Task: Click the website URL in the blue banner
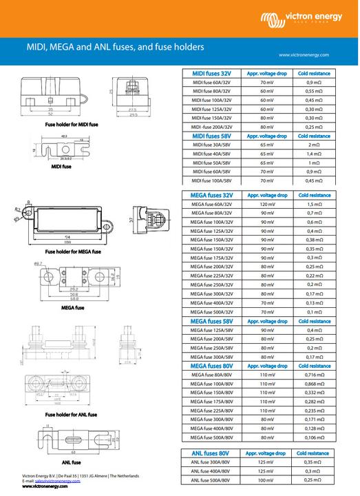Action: pos(304,54)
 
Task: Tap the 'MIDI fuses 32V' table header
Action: pos(212,72)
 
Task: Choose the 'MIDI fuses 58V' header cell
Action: pos(212,136)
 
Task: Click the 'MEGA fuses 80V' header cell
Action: pos(212,366)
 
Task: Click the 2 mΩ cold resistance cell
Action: pos(314,145)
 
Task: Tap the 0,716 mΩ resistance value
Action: pos(314,374)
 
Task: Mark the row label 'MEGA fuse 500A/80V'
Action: pos(212,437)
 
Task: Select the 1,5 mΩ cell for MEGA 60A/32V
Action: pos(314,205)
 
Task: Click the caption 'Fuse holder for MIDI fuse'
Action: pos(72,125)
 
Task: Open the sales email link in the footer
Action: pos(59,481)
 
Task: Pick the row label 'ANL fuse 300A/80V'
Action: pos(212,462)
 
